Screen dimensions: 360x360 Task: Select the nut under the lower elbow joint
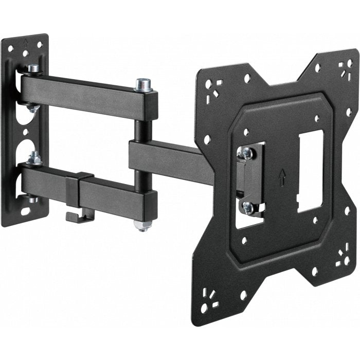point(140,225)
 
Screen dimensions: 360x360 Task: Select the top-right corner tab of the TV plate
point(339,67)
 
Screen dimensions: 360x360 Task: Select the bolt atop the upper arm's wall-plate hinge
point(34,68)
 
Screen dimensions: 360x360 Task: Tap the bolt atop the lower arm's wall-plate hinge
point(35,157)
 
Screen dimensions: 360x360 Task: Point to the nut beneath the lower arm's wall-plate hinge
point(33,199)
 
